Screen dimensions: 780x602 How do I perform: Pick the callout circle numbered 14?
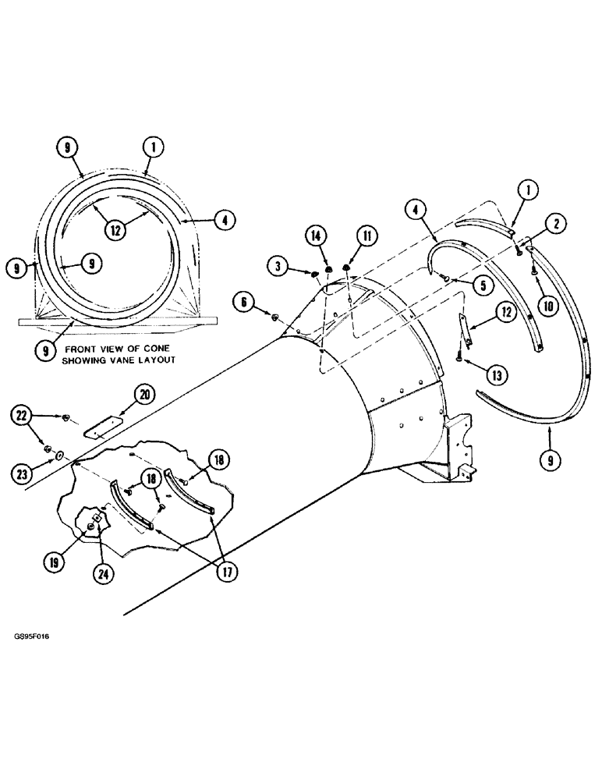(315, 235)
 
